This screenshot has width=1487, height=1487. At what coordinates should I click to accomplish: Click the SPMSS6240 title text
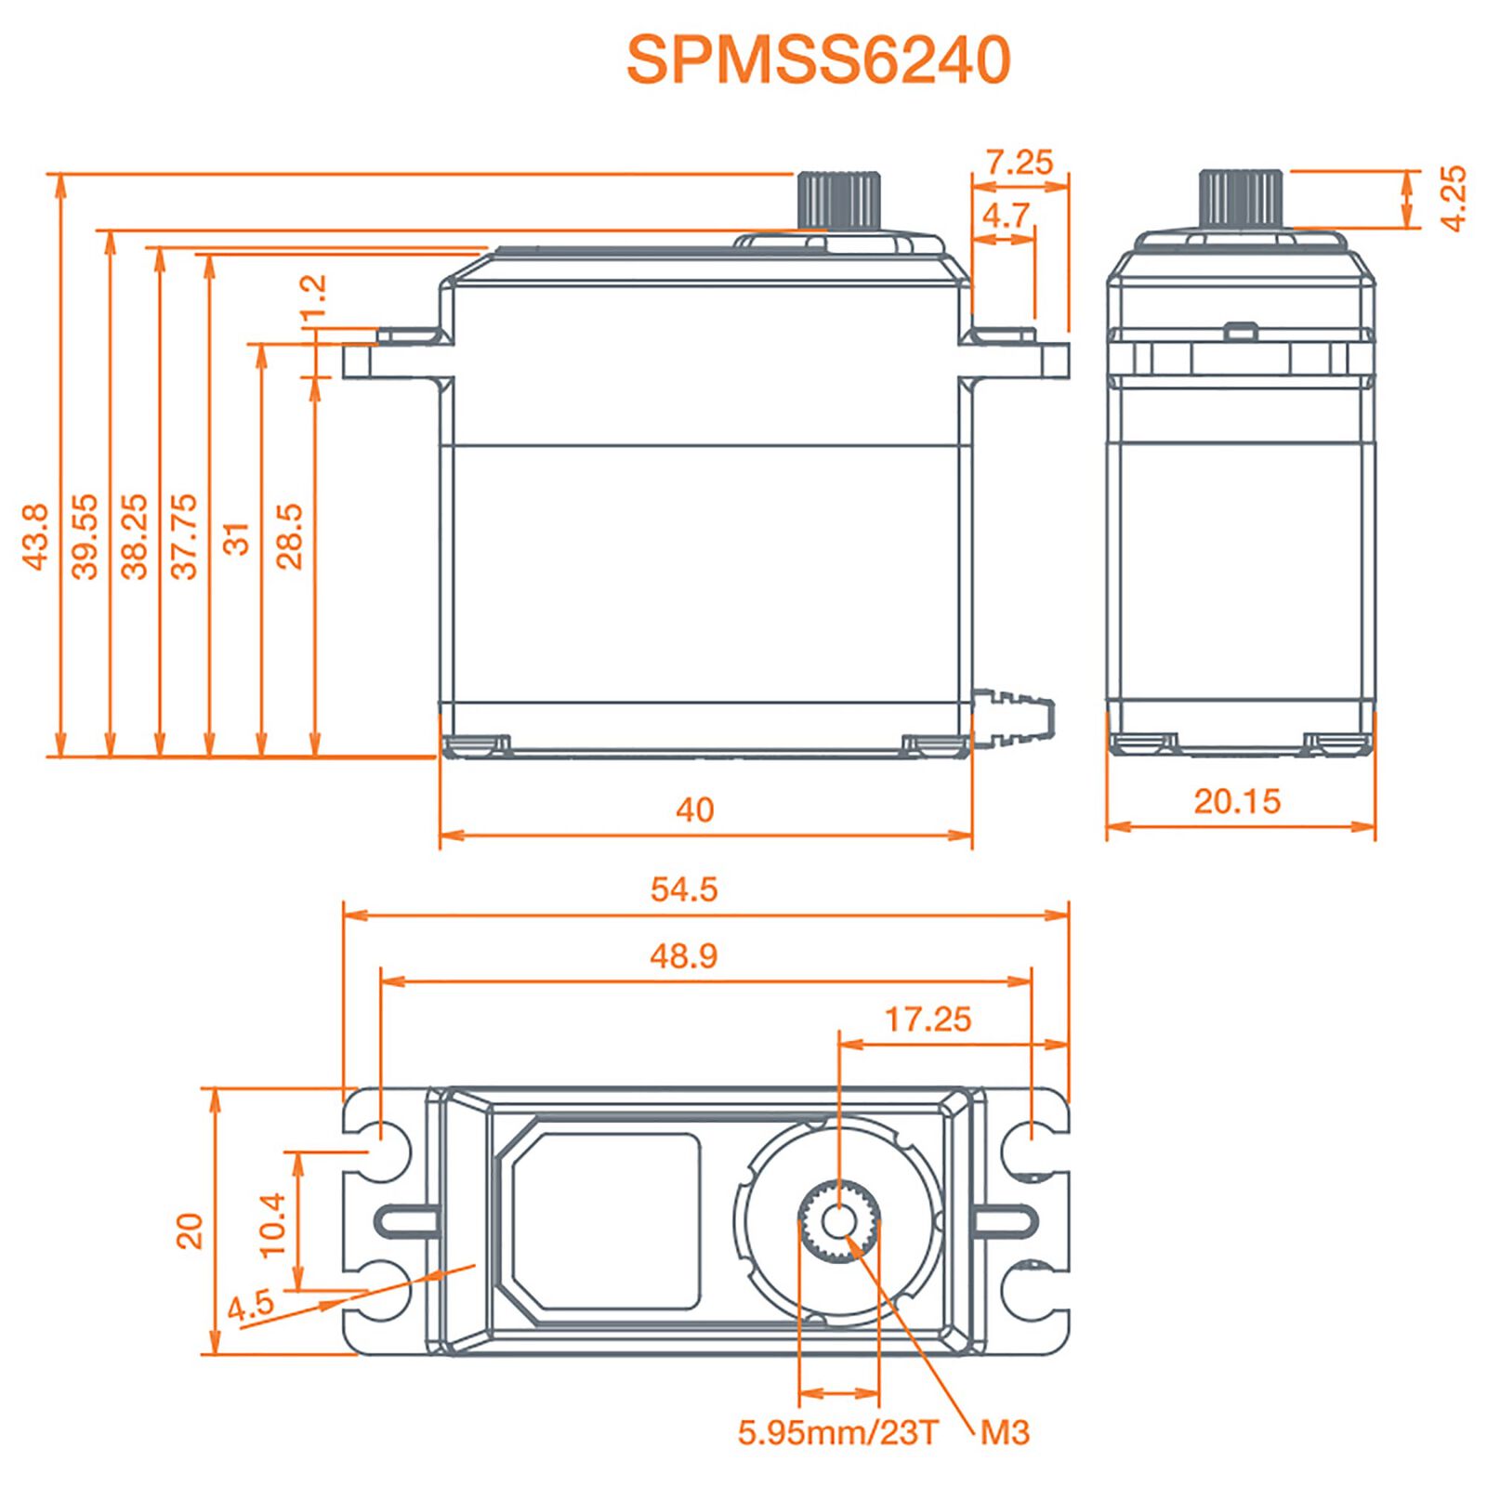click(x=818, y=60)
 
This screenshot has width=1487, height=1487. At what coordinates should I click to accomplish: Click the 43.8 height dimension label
click(x=34, y=536)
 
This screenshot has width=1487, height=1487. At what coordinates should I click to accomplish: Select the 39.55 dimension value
click(x=85, y=536)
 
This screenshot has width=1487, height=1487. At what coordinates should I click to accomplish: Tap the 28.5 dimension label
click(x=290, y=536)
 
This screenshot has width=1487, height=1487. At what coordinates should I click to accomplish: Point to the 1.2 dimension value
click(x=314, y=296)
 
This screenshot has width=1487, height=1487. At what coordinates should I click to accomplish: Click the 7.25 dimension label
click(x=1020, y=163)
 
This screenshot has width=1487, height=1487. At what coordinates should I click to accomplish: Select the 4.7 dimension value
click(x=1006, y=216)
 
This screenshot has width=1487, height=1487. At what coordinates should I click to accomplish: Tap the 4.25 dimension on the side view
click(x=1453, y=198)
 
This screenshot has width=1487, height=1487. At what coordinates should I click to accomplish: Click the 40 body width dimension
click(x=694, y=809)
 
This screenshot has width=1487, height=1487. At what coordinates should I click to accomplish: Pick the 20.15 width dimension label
click(x=1237, y=801)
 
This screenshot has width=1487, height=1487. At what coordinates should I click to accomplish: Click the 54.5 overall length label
click(x=684, y=889)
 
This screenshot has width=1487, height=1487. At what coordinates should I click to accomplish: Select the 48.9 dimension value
click(x=684, y=955)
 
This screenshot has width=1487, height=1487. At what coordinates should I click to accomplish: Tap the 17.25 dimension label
click(x=928, y=1020)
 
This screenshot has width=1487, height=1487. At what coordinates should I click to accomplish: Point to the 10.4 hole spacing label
click(x=272, y=1225)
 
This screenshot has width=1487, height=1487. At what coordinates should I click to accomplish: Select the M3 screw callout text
click(x=1005, y=1432)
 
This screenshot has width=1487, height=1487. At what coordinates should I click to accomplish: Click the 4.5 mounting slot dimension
click(x=251, y=1306)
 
